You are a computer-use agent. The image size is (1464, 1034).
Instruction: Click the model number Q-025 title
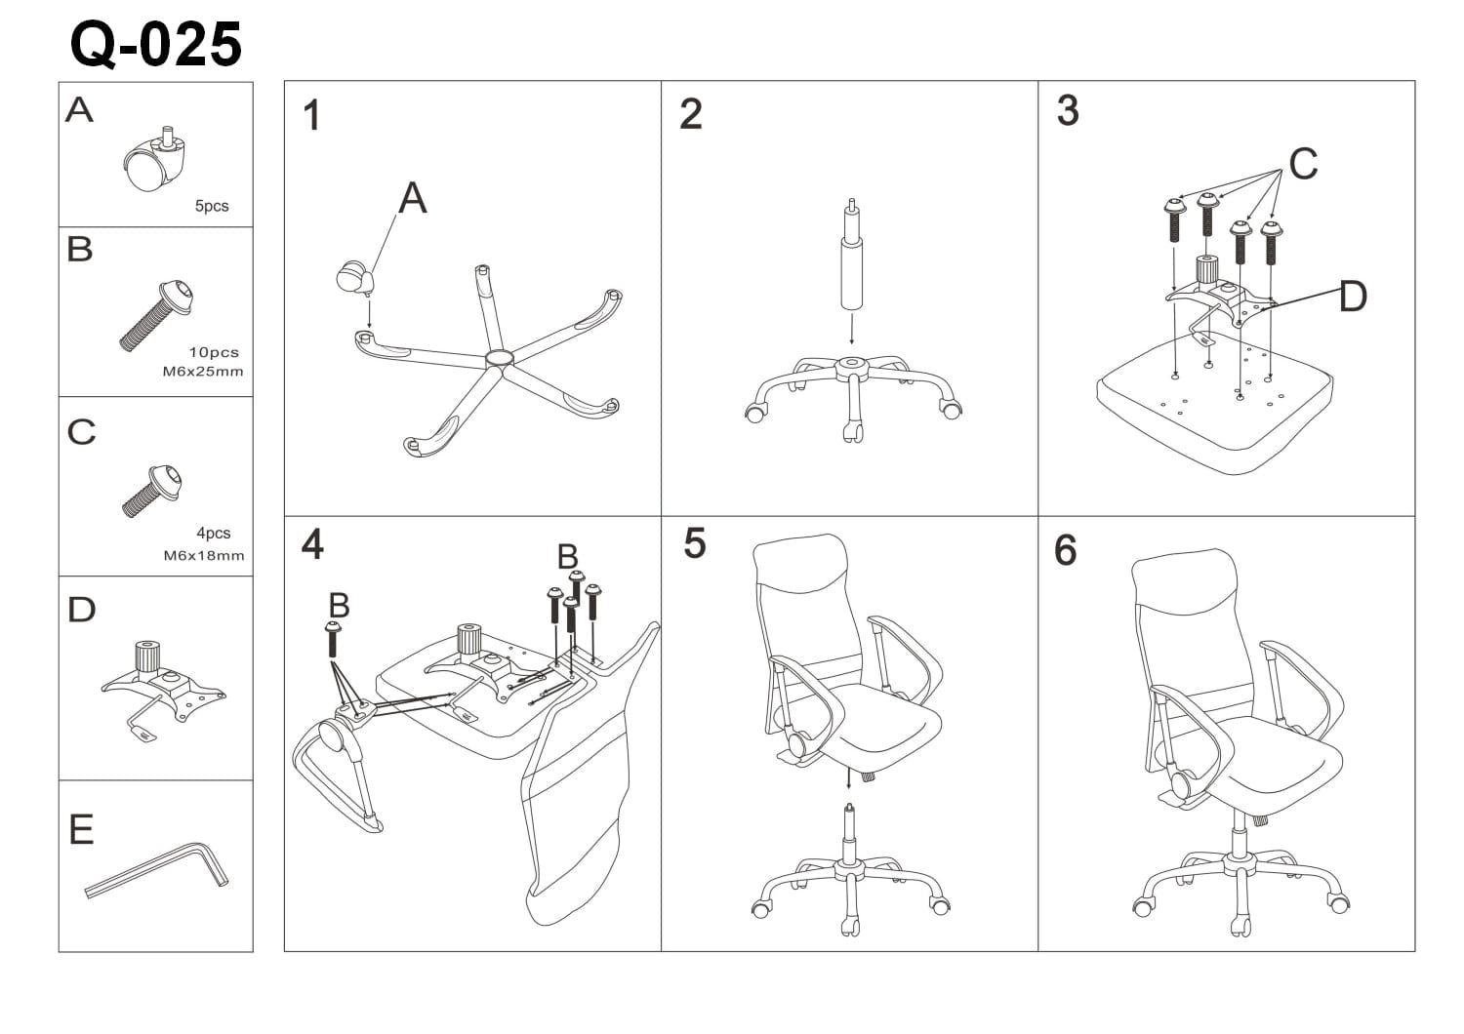click(156, 44)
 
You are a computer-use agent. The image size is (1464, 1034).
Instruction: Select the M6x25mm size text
click(203, 372)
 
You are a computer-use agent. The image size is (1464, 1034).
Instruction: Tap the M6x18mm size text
click(203, 556)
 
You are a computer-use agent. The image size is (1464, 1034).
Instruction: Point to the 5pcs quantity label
click(212, 206)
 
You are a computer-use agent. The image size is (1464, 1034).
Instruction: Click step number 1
click(311, 116)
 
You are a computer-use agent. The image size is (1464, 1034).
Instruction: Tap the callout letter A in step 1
click(413, 199)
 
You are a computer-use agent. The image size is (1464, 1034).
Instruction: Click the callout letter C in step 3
click(1303, 164)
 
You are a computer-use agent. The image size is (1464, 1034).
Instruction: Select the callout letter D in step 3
click(1353, 297)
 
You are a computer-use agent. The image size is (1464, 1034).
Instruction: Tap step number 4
click(312, 544)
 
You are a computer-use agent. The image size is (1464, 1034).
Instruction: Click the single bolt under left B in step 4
click(334, 641)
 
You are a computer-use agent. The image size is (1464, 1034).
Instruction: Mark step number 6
click(1066, 551)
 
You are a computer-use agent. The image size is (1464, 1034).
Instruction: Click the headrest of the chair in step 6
click(1186, 580)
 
